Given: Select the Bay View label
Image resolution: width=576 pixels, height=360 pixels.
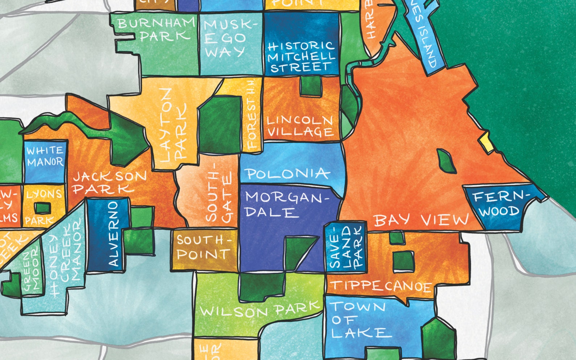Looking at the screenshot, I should [421, 220].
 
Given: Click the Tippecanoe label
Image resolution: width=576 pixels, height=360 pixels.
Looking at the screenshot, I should [381, 286].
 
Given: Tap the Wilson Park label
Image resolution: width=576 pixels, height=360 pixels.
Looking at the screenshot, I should [260, 310].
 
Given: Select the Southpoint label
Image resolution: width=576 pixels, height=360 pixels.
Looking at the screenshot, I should [203, 247].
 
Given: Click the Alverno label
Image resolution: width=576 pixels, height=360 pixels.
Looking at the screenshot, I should [113, 234].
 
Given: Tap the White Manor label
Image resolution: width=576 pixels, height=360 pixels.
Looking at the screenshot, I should [45, 156].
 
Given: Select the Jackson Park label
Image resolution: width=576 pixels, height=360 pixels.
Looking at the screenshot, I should [109, 182].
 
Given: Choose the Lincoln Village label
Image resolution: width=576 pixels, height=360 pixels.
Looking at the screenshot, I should [300, 126].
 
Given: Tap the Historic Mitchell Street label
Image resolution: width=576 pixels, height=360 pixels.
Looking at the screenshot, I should [301, 57].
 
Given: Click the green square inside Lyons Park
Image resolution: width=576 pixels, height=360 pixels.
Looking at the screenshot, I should [42, 208].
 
